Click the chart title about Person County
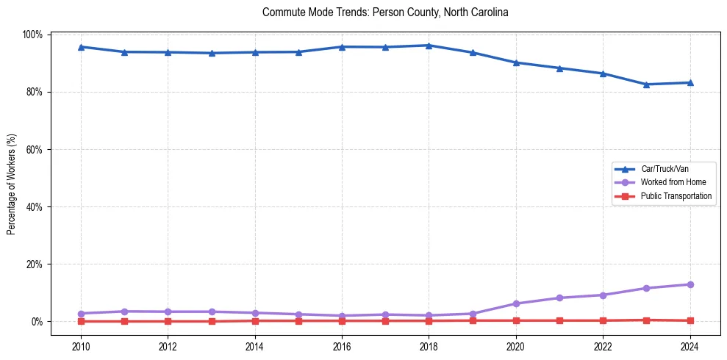pyautogui.click(x=385, y=12)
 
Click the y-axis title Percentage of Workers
pyautogui.click(x=12, y=184)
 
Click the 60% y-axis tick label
pyautogui.click(x=34, y=149)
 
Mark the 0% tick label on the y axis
pyautogui.click(x=36, y=321)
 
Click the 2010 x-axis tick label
pyautogui.click(x=81, y=345)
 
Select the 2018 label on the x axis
pyautogui.click(x=429, y=345)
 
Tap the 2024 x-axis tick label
pyautogui.click(x=690, y=345)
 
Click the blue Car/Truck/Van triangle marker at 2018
pyautogui.click(x=429, y=46)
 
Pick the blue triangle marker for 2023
pyautogui.click(x=646, y=84)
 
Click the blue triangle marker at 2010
pyautogui.click(x=81, y=47)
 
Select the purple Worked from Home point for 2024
pyautogui.click(x=690, y=284)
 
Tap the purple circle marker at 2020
pyautogui.click(x=516, y=303)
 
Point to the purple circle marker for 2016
pyautogui.click(x=342, y=316)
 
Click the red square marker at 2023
pyautogui.click(x=646, y=320)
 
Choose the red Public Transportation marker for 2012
pyautogui.click(x=168, y=321)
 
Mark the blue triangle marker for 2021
pyautogui.click(x=559, y=68)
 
